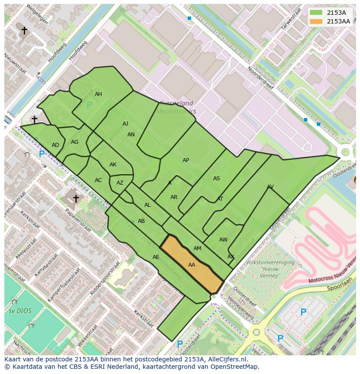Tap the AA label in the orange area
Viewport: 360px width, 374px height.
click(x=192, y=265)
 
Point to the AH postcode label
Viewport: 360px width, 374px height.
click(x=99, y=94)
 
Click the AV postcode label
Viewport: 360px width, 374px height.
click(x=270, y=187)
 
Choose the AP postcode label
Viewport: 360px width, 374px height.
click(x=186, y=160)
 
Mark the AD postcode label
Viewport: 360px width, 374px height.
click(x=55, y=145)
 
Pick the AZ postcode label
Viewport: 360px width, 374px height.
click(x=120, y=183)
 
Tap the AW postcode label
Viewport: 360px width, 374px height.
click(x=223, y=240)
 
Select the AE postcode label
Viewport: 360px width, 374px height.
click(x=156, y=257)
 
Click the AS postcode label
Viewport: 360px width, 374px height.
click(x=217, y=179)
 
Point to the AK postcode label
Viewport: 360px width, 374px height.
click(x=113, y=165)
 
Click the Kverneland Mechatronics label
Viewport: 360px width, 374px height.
click(x=176, y=107)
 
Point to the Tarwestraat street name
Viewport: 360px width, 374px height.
click(x=291, y=21)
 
